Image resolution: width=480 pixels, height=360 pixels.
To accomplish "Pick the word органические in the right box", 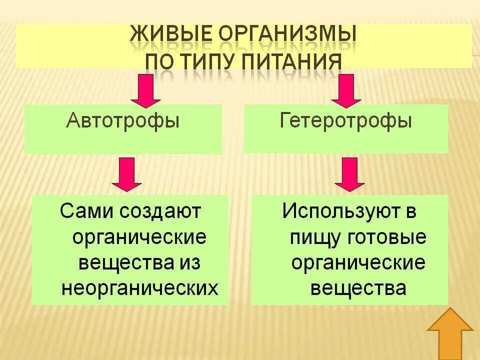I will click(359, 263).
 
